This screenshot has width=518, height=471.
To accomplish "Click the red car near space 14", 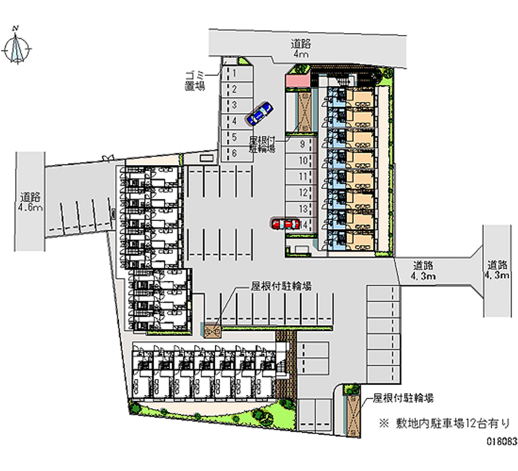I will (x=285, y=224).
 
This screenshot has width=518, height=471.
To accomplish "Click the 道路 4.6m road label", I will (x=30, y=202).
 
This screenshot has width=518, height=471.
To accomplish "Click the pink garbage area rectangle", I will (x=298, y=80).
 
